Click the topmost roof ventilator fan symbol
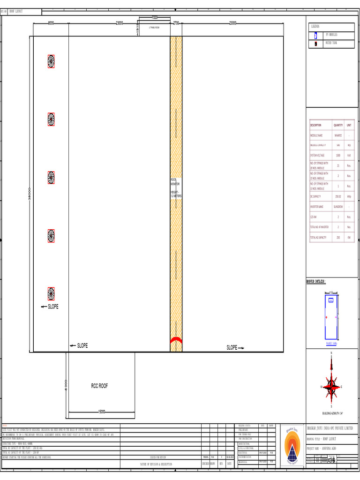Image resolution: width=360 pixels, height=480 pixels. pyautogui.click(x=51, y=61)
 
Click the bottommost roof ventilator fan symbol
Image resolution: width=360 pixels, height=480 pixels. pyautogui.click(x=51, y=294)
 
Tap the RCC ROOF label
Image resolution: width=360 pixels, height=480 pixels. pyautogui.click(x=99, y=386)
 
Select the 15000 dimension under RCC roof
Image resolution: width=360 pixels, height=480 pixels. pyautogui.click(x=102, y=412)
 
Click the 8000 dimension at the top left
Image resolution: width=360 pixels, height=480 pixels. pyautogui.click(x=51, y=23)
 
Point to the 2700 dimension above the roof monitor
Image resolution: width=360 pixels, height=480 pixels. pyautogui.click(x=176, y=23)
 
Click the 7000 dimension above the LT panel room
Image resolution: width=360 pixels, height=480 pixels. pyautogui.click(x=155, y=18)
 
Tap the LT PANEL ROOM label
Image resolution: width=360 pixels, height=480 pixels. pyautogui.click(x=154, y=28)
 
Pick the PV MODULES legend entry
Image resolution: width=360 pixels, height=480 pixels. pyautogui.click(x=331, y=35)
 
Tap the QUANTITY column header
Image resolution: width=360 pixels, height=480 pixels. pyautogui.click(x=338, y=125)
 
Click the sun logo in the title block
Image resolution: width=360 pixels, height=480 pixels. pyautogui.click(x=292, y=445)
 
